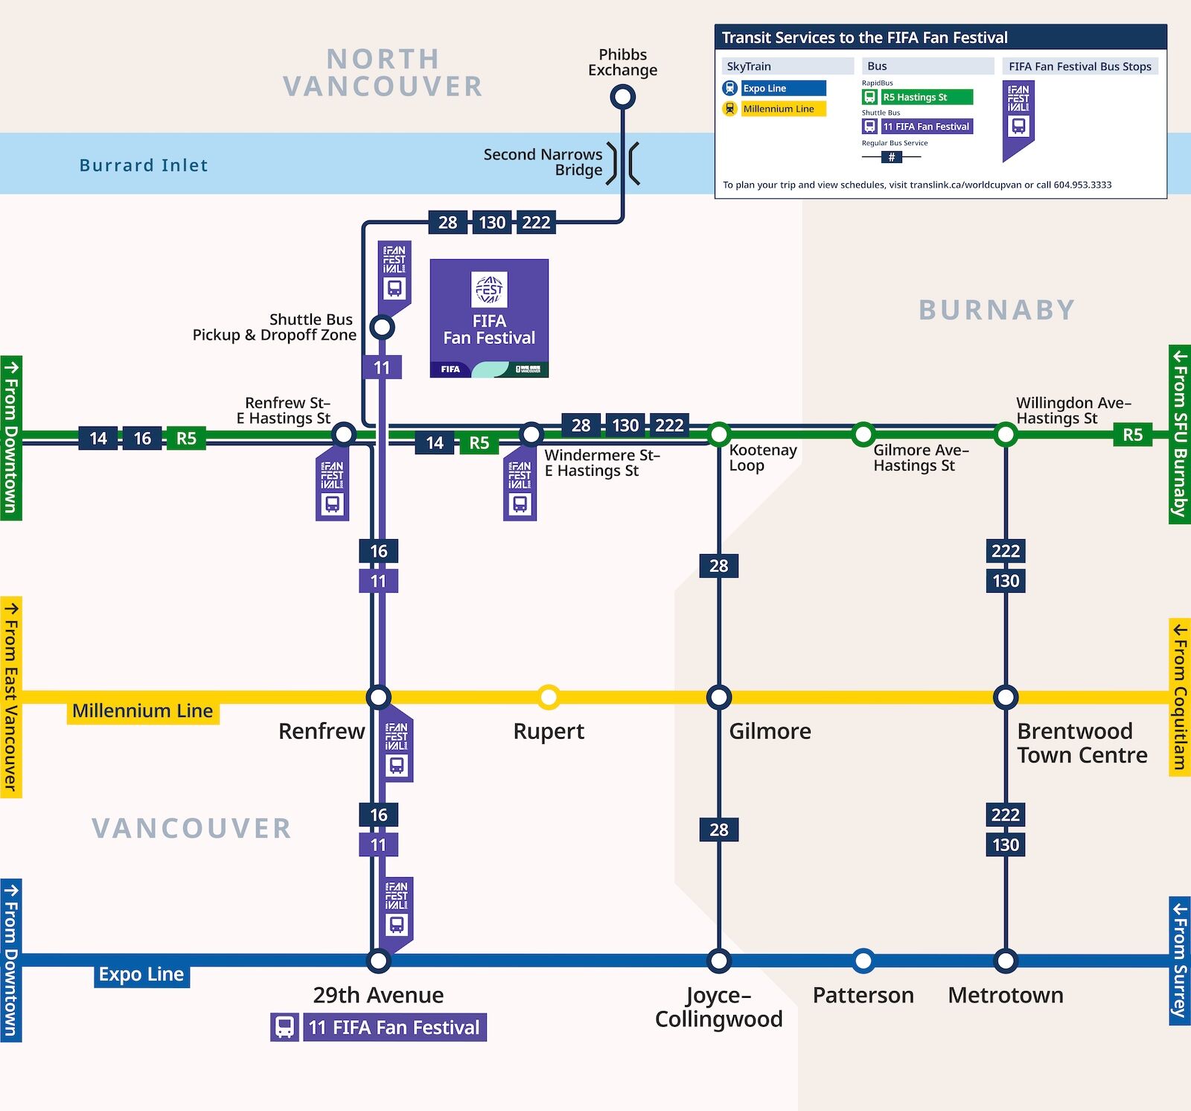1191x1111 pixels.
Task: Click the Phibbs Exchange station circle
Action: point(622,97)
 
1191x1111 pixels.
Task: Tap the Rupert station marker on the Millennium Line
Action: point(549,697)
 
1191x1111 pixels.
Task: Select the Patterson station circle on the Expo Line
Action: point(863,961)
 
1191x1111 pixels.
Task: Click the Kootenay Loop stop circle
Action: point(719,433)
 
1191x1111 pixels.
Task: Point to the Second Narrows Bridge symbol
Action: point(623,163)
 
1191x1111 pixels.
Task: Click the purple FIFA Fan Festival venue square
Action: point(489,318)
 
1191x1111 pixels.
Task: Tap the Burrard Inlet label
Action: point(144,165)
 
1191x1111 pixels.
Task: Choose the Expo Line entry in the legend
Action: point(783,88)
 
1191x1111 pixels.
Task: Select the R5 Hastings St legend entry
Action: point(926,97)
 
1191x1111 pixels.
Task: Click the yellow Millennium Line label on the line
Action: point(142,711)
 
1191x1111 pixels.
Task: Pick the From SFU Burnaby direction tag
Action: point(1179,434)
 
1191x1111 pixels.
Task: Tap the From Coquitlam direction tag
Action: point(1179,697)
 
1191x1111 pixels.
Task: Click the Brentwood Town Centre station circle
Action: point(1006,697)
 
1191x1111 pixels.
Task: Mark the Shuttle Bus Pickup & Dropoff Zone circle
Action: point(382,326)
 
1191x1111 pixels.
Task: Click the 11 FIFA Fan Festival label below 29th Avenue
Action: point(394,1028)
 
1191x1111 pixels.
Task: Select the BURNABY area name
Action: point(997,310)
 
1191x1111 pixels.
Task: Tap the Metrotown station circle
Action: point(1006,961)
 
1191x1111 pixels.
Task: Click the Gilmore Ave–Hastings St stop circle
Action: point(863,433)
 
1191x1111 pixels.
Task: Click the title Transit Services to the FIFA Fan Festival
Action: point(864,37)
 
